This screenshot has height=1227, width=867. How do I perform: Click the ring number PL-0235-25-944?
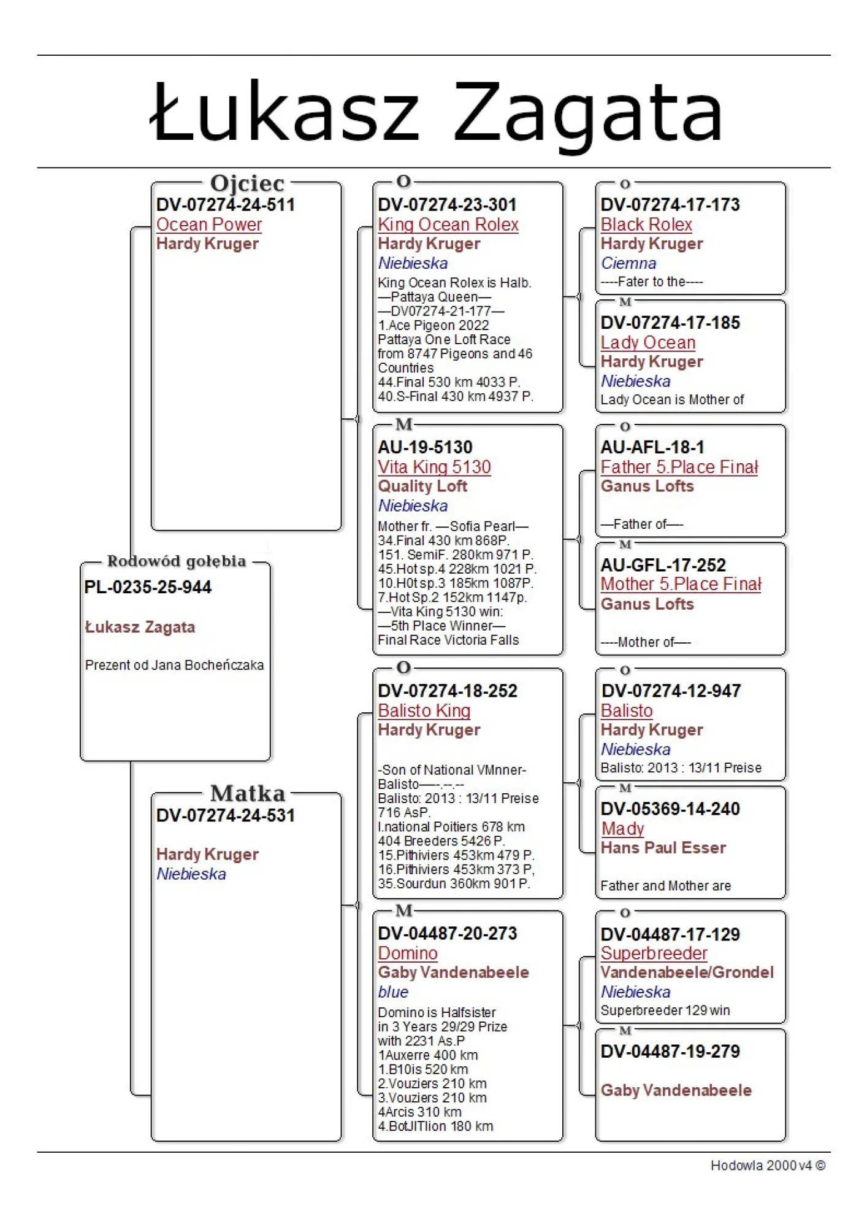pyautogui.click(x=148, y=587)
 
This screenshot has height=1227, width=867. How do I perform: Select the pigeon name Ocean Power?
pyautogui.click(x=209, y=225)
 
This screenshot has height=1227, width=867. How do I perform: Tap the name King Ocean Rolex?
pyautogui.click(x=448, y=225)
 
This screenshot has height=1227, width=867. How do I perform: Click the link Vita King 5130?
pyautogui.click(x=434, y=467)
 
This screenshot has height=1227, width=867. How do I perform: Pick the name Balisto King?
pyautogui.click(x=424, y=710)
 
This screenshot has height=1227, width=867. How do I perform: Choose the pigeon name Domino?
pyautogui.click(x=408, y=953)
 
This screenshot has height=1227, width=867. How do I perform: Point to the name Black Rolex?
pyautogui.click(x=646, y=225)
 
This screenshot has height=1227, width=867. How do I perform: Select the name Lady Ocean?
pyautogui.click(x=647, y=342)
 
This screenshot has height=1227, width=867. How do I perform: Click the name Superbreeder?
pyautogui.click(x=654, y=953)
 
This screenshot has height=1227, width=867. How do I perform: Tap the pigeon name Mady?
pyautogui.click(x=622, y=828)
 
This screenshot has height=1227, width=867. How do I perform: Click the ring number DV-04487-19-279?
pyautogui.click(x=670, y=1052)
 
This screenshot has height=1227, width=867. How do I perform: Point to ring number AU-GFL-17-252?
pyautogui.click(x=663, y=565)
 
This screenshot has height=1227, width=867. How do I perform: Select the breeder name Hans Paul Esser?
pyautogui.click(x=663, y=848)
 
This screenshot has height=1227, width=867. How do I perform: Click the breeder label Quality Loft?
pyautogui.click(x=422, y=487)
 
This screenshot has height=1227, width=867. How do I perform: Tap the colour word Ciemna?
pyautogui.click(x=628, y=263)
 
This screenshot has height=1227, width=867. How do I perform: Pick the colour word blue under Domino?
pyautogui.click(x=393, y=992)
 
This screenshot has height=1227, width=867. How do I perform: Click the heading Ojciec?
pyautogui.click(x=247, y=183)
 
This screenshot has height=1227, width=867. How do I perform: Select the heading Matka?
pyautogui.click(x=248, y=793)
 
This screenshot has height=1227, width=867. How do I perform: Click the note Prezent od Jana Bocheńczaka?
pyautogui.click(x=174, y=665)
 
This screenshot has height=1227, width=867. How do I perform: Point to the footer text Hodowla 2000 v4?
pyautogui.click(x=767, y=1165)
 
